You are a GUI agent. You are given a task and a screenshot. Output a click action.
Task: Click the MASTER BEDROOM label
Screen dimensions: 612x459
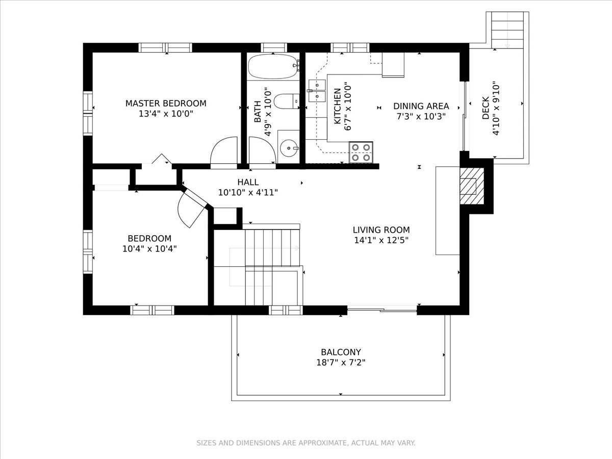[166, 104]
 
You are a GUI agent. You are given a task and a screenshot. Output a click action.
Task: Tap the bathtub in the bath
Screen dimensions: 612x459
[274, 67]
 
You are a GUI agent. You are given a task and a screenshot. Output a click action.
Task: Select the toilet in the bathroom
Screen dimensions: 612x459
[287, 101]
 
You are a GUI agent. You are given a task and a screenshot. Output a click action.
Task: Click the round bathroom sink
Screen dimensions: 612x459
[289, 148]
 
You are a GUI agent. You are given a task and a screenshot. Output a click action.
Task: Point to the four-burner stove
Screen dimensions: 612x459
[361, 152]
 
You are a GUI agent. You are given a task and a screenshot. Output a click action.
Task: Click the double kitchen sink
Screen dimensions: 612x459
[317, 90]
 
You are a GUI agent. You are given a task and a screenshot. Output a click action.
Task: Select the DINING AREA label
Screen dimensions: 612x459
[421, 106]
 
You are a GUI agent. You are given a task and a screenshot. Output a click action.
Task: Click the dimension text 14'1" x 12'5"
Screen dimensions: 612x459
[381, 240]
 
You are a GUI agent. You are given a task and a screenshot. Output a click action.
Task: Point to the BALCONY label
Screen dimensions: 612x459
[341, 352]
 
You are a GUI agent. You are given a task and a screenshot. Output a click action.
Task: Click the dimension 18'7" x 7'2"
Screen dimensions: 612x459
[341, 363]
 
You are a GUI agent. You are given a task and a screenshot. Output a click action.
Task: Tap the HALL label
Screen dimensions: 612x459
[248, 182]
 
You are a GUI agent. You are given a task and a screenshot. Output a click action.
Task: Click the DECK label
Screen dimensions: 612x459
[486, 108]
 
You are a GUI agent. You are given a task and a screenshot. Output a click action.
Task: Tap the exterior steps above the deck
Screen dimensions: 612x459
[507, 30]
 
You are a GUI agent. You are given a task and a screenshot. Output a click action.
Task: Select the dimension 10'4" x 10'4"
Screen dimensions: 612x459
[149, 248]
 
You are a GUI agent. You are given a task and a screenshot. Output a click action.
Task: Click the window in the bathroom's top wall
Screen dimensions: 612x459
[274, 47]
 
